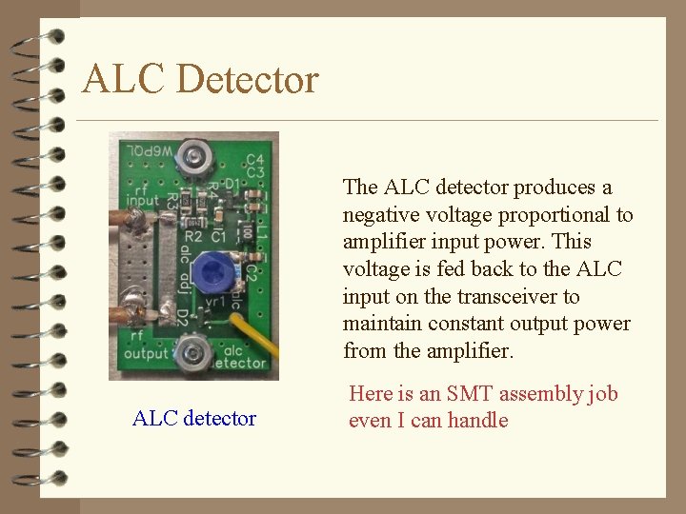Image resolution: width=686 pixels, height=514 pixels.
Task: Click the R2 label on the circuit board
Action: pyautogui.click(x=193, y=235)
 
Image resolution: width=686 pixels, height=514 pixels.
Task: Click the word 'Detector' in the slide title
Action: pyautogui.click(x=247, y=79)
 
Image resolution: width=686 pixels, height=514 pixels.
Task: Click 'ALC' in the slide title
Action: pyautogui.click(x=124, y=79)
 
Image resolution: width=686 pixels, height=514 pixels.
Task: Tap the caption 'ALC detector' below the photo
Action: pyautogui.click(x=194, y=418)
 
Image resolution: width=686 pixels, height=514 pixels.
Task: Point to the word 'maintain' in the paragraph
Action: pyautogui.click(x=380, y=324)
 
